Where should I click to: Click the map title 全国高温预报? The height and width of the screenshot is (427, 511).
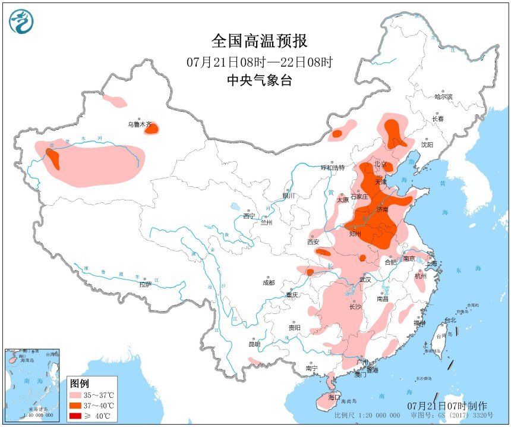[x=259, y=41]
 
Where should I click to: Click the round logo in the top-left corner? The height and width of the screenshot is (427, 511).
[x=21, y=21]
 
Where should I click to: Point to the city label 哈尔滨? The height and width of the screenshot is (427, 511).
[x=443, y=96]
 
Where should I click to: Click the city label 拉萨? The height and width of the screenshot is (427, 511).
[x=145, y=284]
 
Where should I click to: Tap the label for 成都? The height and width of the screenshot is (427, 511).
[x=267, y=282]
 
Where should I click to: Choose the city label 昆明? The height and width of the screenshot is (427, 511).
[x=254, y=344]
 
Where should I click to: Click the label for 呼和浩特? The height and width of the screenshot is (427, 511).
[x=333, y=167]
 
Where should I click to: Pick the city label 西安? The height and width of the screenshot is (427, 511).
[x=313, y=241]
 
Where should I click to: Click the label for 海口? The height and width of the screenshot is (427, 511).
[x=335, y=397]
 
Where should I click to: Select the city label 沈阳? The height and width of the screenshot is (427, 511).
[x=427, y=145]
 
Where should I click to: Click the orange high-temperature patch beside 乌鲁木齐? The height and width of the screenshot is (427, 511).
[x=152, y=128]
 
